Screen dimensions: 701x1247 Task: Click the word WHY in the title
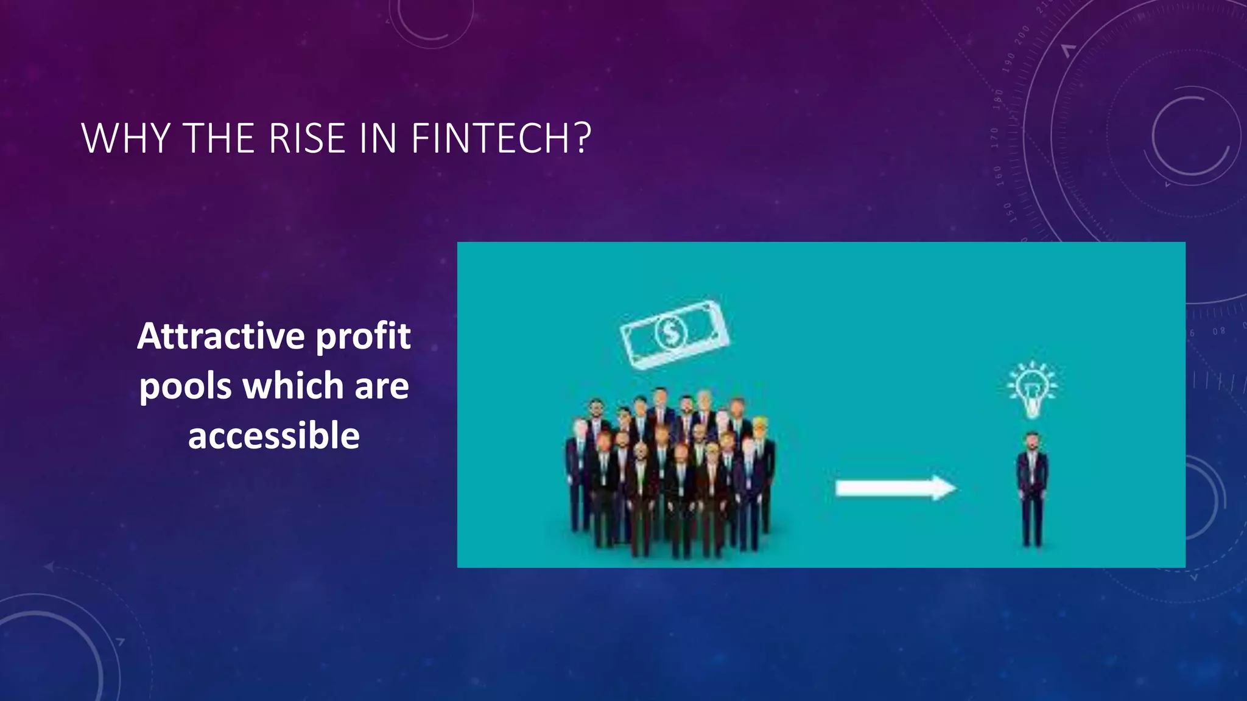(x=125, y=139)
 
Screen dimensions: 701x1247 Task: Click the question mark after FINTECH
(x=582, y=139)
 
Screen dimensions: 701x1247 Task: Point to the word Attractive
(x=220, y=337)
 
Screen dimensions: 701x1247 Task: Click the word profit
(x=364, y=337)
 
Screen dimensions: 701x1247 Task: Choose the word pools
(x=185, y=387)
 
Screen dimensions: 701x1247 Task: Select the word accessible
(x=274, y=436)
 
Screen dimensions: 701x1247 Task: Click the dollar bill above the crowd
(x=674, y=334)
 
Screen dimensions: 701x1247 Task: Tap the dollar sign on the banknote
(x=671, y=333)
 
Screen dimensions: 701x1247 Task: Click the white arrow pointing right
(x=895, y=488)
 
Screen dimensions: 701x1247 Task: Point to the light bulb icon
(x=1032, y=389)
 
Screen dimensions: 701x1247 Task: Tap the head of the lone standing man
(x=1032, y=441)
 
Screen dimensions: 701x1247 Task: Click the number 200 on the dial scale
(x=1022, y=35)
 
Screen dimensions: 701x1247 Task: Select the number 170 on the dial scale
(x=995, y=138)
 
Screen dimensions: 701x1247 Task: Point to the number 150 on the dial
(x=1008, y=212)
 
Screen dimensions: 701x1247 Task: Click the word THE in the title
(x=218, y=139)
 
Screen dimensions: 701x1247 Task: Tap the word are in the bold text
(x=382, y=387)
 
